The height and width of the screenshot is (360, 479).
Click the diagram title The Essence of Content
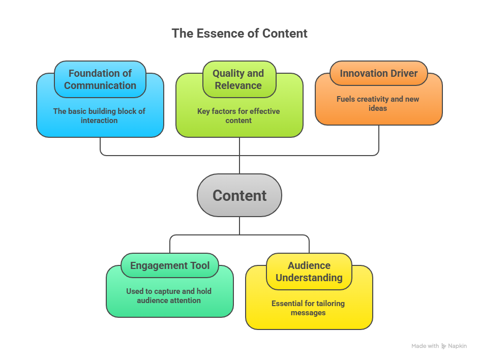click(239, 34)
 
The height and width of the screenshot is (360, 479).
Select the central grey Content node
click(239, 196)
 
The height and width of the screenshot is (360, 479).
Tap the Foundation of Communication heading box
click(100, 79)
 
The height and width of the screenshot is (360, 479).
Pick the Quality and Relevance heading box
click(238, 79)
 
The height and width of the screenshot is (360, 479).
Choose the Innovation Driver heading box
click(378, 73)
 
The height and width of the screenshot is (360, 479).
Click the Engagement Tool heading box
click(170, 265)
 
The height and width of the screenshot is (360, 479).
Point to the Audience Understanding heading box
click(309, 272)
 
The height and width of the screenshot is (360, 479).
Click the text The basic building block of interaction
click(99, 116)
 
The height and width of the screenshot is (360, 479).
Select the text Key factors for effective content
click(238, 116)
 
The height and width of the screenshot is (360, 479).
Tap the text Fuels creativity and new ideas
click(378, 103)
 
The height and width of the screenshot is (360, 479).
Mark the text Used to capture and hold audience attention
click(169, 295)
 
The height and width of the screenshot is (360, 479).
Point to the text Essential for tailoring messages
click(308, 308)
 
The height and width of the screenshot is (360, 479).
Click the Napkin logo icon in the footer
click(444, 346)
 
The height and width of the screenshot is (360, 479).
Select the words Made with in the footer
click(425, 346)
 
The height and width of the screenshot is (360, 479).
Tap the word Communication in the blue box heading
click(100, 85)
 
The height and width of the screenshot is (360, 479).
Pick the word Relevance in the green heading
click(238, 85)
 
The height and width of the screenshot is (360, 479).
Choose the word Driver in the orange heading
click(404, 73)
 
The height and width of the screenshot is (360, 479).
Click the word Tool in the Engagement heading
click(199, 265)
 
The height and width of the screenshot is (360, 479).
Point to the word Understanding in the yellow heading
click(309, 278)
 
